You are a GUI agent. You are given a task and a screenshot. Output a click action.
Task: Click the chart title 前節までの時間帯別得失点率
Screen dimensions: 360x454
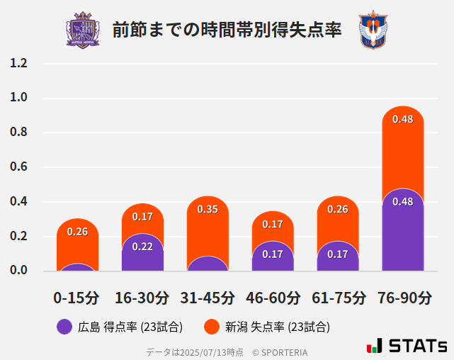pyautogui.click(x=227, y=30)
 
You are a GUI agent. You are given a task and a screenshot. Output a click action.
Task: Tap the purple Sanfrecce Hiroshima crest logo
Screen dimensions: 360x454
pyautogui.click(x=83, y=30)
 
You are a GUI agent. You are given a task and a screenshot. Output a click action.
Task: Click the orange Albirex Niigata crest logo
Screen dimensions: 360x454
pyautogui.click(x=373, y=30)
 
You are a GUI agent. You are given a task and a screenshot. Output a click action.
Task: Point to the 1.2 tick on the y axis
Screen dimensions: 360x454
pyautogui.click(x=18, y=63)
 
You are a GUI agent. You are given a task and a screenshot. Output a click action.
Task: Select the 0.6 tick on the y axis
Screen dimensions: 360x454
pyautogui.click(x=18, y=167)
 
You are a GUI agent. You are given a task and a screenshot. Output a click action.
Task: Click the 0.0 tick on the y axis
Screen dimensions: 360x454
pyautogui.click(x=18, y=270)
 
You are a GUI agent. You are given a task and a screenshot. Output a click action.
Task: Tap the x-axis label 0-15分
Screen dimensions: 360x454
pyautogui.click(x=76, y=298)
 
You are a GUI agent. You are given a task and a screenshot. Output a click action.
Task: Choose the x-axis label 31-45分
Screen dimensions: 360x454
pyautogui.click(x=208, y=298)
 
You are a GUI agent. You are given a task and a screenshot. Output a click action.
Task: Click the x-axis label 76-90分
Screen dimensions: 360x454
pyautogui.click(x=404, y=298)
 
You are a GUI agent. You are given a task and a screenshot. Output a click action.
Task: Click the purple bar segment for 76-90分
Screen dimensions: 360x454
pyautogui.click(x=403, y=234)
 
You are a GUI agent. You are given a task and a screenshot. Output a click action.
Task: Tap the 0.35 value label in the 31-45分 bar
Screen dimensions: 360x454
pyautogui.click(x=208, y=209)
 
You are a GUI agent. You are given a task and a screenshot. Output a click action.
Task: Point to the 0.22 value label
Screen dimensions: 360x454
pyautogui.click(x=142, y=247)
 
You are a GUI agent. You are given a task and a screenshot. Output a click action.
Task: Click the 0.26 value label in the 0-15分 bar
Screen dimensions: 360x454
pyautogui.click(x=77, y=232)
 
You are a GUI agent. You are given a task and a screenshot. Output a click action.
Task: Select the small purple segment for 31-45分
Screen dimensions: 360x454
pyautogui.click(x=208, y=264)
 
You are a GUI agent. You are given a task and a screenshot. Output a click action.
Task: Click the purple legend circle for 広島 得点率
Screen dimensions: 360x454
pyautogui.click(x=64, y=327)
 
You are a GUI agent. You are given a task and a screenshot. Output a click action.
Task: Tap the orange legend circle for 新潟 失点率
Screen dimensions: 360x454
pyautogui.click(x=211, y=327)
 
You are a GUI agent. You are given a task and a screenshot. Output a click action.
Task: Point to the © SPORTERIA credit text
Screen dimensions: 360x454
pyautogui.click(x=280, y=351)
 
